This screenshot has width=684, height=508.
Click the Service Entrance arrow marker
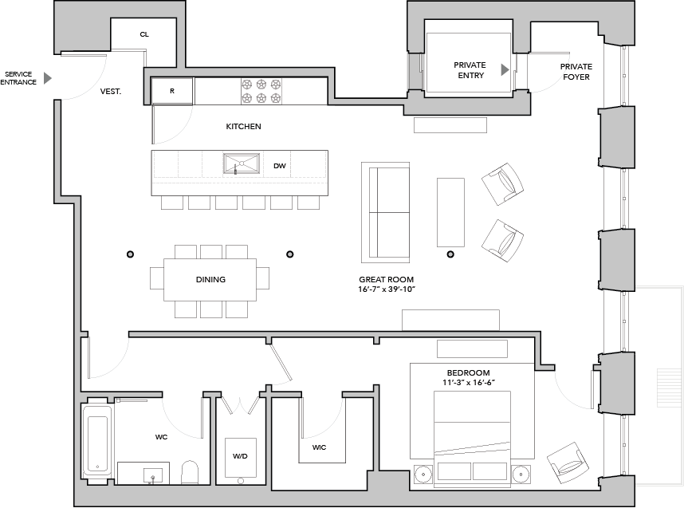point(48,78)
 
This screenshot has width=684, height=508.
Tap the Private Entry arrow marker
point(505,70)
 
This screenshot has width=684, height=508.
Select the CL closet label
point(144,34)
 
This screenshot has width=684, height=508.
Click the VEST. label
point(111,91)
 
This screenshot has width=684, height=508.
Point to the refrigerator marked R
point(172,91)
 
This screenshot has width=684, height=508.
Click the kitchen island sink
point(242,163)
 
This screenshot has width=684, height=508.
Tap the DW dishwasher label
point(280,166)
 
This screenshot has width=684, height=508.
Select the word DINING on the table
point(210,279)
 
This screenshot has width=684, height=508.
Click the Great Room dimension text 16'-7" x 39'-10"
point(387,289)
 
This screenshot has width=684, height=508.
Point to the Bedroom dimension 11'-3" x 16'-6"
point(468,383)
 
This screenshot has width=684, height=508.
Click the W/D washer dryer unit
point(241,458)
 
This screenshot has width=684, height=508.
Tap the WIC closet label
point(320,447)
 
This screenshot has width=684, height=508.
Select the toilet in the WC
point(190,472)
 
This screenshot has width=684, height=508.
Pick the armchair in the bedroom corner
point(568,463)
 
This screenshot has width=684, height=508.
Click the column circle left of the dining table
point(130,254)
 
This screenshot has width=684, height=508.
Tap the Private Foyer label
point(576,72)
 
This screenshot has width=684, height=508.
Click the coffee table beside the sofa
point(450,213)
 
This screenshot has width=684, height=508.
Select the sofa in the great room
point(386,213)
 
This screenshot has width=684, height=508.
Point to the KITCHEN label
point(243,127)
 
